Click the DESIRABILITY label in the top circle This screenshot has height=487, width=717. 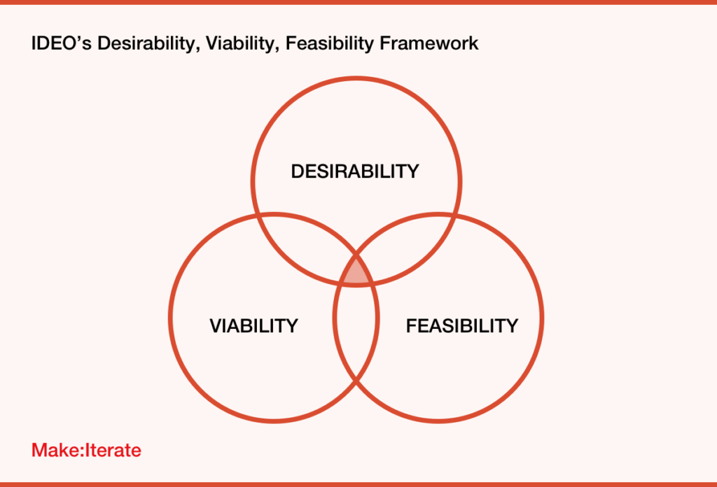click(355, 171)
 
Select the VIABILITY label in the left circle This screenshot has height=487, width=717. click(253, 325)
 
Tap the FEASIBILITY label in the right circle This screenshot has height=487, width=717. click(462, 325)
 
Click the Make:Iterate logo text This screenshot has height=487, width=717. click(86, 451)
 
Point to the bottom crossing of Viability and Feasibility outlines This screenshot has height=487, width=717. click(356, 381)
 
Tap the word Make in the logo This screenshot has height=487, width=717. click(55, 451)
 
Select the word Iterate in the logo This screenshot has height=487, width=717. click(113, 451)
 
